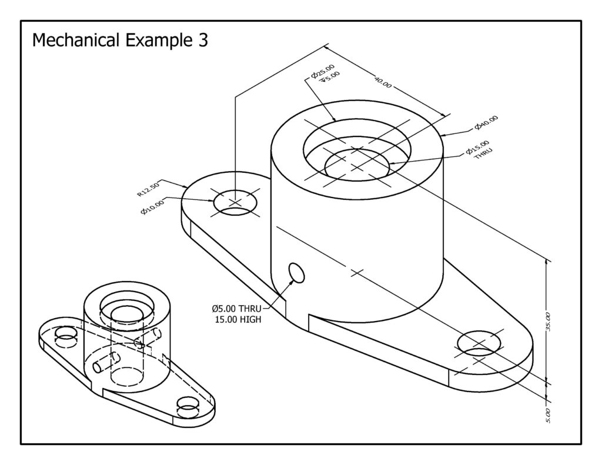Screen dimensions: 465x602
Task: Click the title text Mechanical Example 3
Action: tap(119, 41)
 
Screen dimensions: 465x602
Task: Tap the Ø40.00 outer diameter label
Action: tap(486, 122)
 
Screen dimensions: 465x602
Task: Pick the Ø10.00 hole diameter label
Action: tap(152, 206)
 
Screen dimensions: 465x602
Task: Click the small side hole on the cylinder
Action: tap(296, 273)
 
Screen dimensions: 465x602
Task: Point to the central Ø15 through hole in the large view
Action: tap(356, 162)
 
